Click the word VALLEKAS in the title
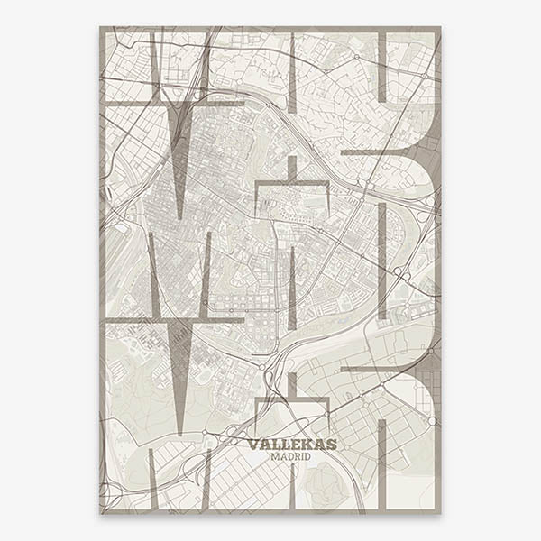click(291, 444)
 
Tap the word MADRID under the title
click(291, 457)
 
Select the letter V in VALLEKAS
click(253, 444)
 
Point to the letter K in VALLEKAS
click(305, 444)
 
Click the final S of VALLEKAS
click(331, 444)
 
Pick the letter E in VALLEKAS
click(293, 444)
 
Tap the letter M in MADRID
click(275, 457)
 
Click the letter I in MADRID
click(302, 457)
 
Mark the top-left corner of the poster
click(100, 27)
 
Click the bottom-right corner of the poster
click(441, 513)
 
